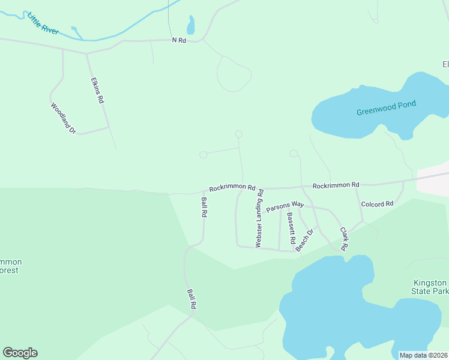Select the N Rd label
tap(179, 40)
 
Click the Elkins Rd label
tap(98, 90)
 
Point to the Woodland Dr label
tap(63, 118)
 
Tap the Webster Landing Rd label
tap(260, 218)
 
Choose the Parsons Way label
tap(285, 206)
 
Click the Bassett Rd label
tap(291, 232)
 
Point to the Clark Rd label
tap(345, 239)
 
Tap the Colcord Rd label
tap(377, 204)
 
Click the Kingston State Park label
tap(430, 287)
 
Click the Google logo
tap(20, 353)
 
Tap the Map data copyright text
tap(423, 355)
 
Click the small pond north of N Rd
tap(191, 25)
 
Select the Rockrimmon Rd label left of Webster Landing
tap(232, 188)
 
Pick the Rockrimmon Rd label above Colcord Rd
tap(336, 185)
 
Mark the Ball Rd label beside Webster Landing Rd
tap(204, 207)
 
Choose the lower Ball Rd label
tap(192, 299)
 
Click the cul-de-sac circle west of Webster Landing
tap(203, 155)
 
